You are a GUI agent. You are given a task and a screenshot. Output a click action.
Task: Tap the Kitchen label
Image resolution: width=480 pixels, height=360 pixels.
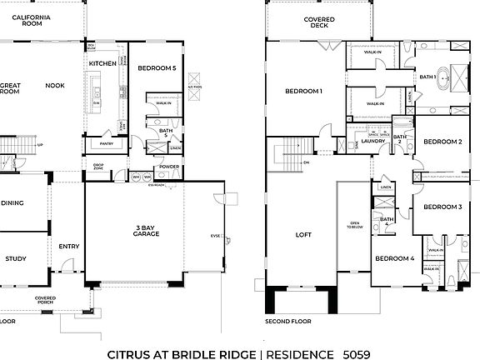click(x=103, y=63)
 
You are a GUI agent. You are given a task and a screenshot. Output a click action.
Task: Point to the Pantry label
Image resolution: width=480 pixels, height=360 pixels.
click(x=107, y=143)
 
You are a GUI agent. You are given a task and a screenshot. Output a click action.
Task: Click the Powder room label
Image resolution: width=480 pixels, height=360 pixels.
click(x=168, y=167)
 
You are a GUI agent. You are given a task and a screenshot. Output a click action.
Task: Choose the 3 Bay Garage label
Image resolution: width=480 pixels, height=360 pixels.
click(x=152, y=229)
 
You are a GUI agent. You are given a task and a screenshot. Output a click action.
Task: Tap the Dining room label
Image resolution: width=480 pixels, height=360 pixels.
click(x=12, y=202)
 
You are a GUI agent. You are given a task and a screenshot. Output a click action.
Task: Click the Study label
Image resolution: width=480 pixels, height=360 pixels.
click(x=16, y=259)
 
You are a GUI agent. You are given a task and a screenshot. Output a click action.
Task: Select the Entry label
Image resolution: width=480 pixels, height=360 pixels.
click(x=68, y=246)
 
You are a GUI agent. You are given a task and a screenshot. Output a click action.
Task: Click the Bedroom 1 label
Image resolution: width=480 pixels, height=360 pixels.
click(x=303, y=91)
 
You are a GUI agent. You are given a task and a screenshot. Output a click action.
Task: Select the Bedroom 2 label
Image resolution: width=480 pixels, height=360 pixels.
click(x=442, y=142)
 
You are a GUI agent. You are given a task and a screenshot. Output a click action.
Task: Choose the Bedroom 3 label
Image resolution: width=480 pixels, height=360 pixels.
click(x=442, y=207)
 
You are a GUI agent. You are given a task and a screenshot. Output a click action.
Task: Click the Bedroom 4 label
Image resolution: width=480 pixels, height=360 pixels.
click(x=394, y=259)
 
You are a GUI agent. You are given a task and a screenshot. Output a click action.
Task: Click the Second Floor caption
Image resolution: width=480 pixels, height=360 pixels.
click(x=287, y=321)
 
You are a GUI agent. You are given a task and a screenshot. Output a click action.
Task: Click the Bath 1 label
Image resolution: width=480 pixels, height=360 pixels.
click(x=427, y=77)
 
